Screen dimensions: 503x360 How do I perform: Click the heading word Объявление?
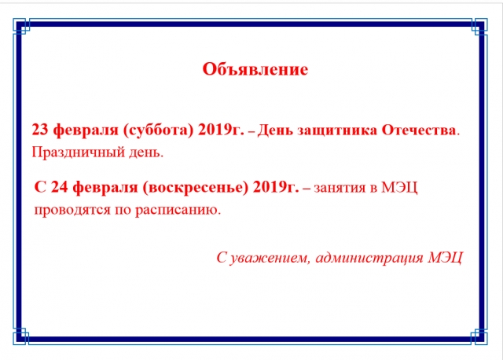point(255,69)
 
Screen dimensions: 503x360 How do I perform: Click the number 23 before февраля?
point(40,130)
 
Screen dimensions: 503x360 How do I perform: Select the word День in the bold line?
point(275,130)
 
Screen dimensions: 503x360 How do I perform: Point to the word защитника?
point(337,130)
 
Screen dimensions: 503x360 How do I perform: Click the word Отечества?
point(418,130)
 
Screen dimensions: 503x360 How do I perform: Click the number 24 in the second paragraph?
point(60,187)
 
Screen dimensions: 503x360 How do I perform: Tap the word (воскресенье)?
point(195,187)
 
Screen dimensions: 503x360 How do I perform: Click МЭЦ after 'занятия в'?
point(399,188)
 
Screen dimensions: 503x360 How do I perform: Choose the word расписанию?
point(178,211)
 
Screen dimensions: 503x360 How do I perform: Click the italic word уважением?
point(270,258)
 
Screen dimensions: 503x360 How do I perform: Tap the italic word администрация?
point(369,258)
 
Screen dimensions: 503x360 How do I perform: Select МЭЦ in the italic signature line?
point(446,258)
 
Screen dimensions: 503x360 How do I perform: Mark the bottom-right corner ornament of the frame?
point(479,336)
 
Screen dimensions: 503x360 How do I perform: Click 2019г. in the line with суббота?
point(221,130)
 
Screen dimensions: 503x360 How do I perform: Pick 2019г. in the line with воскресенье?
point(276,187)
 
